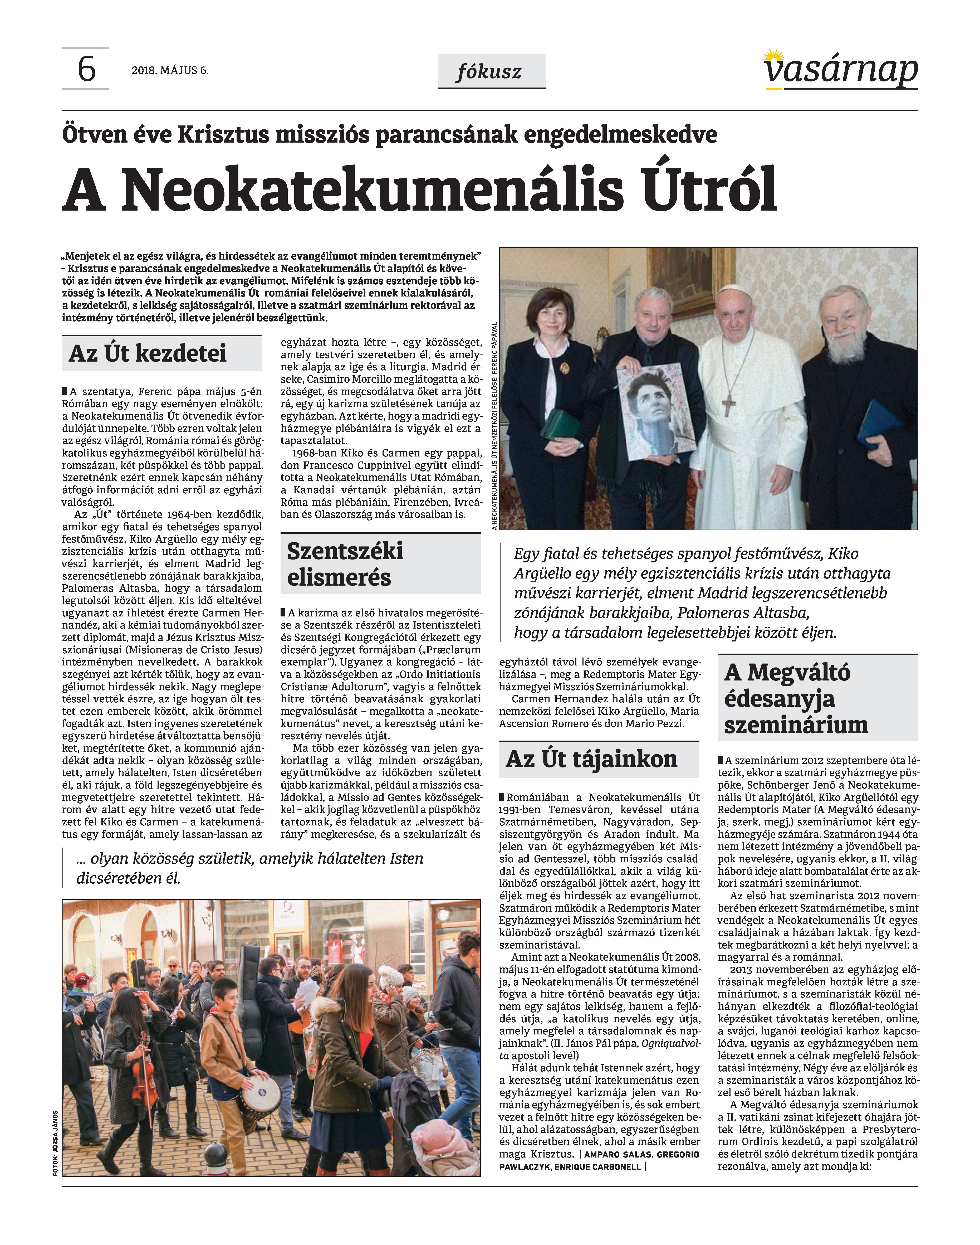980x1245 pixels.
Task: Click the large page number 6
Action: pos(86,70)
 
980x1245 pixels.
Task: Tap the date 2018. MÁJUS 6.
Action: pos(170,71)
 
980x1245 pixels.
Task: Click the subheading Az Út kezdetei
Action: pos(148,353)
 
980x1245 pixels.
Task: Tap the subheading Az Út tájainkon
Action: pos(592,759)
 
